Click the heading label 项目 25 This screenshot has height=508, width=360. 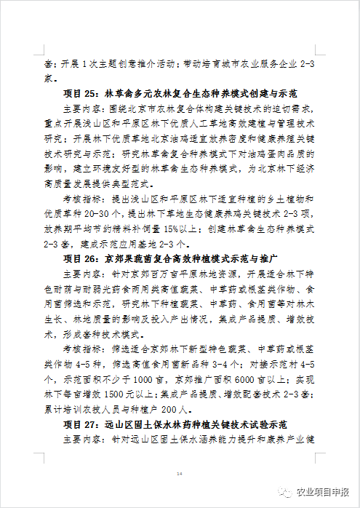tap(81, 94)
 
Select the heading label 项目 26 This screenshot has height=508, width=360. tap(81, 258)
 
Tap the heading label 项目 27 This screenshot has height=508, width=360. tap(81, 423)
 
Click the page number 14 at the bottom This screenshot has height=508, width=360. tap(180, 473)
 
